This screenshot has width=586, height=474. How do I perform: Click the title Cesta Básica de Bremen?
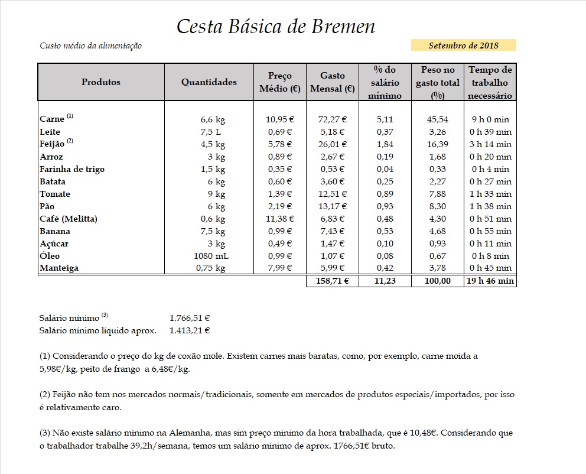tap(276, 27)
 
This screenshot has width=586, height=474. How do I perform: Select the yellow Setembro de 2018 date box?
tap(463, 46)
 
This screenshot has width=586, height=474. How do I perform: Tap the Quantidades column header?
tap(209, 82)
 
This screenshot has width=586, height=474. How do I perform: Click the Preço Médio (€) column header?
tap(280, 83)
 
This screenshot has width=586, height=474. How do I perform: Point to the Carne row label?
tap(52, 119)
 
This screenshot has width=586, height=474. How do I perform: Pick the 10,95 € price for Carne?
tap(280, 119)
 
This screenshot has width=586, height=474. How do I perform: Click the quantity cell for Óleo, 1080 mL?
tap(209, 256)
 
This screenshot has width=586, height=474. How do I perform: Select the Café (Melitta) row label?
tap(69, 219)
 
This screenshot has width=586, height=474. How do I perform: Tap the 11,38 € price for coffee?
tap(280, 219)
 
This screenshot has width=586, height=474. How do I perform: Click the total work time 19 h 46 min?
tap(490, 281)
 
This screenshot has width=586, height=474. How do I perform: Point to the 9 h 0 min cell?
tap(490, 119)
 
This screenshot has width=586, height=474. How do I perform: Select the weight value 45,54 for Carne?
tap(437, 119)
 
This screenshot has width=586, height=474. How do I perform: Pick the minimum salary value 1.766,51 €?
tap(190, 318)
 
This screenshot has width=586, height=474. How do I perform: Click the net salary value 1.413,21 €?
tap(190, 331)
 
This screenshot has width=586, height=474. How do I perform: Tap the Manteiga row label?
tap(59, 268)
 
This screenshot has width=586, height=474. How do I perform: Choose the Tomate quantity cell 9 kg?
tap(212, 194)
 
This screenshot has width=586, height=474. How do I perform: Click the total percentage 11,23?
tap(385, 281)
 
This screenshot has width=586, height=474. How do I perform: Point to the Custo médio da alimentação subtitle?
tap(90, 46)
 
